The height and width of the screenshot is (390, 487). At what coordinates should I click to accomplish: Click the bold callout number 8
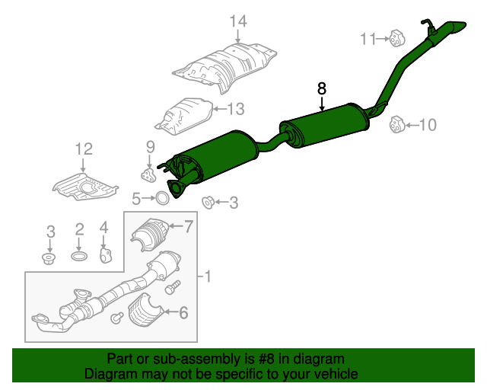pos(322,88)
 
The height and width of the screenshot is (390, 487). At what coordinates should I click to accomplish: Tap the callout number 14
pos(238,21)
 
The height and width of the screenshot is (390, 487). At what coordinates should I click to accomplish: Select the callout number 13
pos(236,109)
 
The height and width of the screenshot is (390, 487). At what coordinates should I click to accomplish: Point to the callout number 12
pos(84,149)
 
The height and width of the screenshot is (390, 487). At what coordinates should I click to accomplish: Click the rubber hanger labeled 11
pos(396,39)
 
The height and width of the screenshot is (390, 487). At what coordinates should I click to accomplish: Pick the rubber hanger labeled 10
pos(397,124)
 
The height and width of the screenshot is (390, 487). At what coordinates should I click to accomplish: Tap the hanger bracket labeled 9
pos(148,175)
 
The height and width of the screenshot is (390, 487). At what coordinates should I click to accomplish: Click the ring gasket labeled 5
pos(162,198)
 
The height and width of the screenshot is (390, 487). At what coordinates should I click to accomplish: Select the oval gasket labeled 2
pos(79,256)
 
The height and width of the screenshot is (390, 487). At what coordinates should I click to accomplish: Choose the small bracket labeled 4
pos(106,255)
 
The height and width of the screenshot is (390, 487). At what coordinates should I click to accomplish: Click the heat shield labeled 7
pos(150,233)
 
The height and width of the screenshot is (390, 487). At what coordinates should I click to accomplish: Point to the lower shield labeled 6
pos(145,310)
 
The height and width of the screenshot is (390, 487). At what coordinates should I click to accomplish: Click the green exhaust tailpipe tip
pos(455,27)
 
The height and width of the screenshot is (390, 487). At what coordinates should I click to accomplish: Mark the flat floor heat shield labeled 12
pos(84,187)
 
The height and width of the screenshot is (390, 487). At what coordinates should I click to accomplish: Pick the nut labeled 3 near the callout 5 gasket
pos(208,203)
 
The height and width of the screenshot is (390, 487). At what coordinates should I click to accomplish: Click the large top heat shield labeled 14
pos(225,68)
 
